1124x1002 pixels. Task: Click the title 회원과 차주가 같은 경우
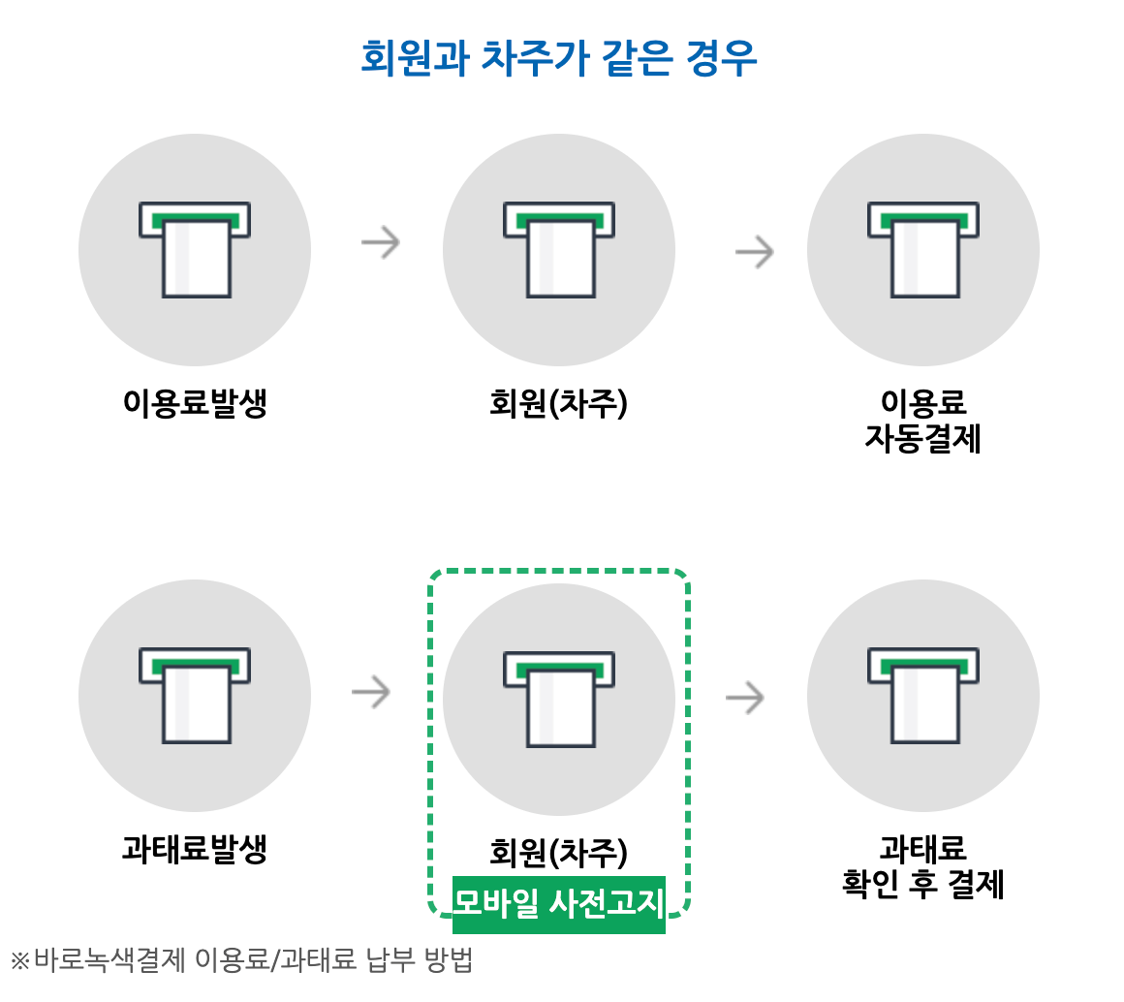[558, 58]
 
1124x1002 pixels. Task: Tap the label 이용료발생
[195, 403]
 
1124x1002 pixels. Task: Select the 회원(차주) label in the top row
[559, 403]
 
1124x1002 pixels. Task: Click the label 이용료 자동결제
[922, 422]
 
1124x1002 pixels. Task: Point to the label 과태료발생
[195, 850]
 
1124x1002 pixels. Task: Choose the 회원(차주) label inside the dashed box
[559, 853]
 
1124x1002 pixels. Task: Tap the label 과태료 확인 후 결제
[922, 867]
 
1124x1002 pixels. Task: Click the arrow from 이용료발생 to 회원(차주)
[381, 242]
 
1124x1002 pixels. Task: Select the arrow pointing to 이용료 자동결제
[755, 252]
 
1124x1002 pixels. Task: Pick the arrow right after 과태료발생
[371, 692]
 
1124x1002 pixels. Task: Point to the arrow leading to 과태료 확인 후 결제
[745, 697]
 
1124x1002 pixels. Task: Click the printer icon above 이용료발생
[195, 249]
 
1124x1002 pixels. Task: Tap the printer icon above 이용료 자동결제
[922, 249]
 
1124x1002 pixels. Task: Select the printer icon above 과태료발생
[195, 695]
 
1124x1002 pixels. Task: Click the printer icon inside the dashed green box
[559, 699]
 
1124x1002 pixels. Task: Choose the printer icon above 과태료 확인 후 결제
[922, 695]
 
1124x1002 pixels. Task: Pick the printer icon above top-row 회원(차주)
[559, 249]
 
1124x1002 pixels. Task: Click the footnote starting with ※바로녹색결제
[241, 960]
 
